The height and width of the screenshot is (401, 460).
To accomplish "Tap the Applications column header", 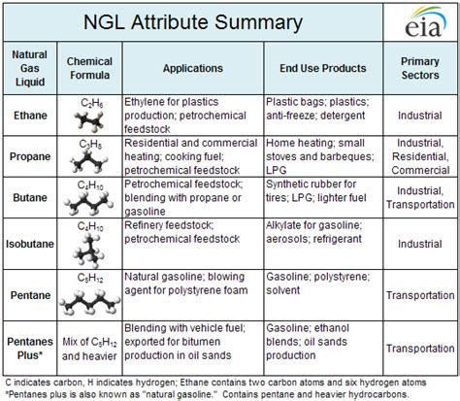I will tap(192, 70).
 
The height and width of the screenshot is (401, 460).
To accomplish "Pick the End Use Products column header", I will tap(316, 70).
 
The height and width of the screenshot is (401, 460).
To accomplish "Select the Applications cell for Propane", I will tap(192, 156).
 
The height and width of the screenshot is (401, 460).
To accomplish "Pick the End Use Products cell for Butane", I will tap(316, 198).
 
